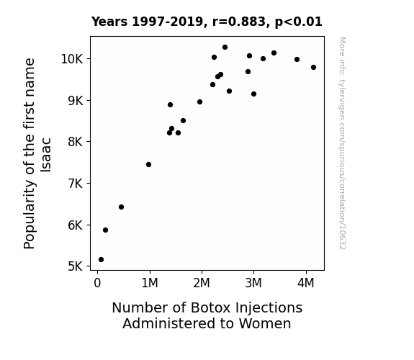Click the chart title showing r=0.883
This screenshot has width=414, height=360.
[x=207, y=22]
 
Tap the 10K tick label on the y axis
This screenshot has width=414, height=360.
[x=72, y=59]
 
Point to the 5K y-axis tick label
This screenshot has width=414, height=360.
[x=76, y=266]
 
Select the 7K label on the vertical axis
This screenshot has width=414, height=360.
[x=76, y=184]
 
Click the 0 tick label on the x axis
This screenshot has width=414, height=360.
[x=97, y=283]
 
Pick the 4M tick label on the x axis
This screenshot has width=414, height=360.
[x=306, y=283]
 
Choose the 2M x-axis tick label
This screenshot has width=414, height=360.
[x=202, y=283]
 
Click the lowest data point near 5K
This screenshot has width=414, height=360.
[x=101, y=260]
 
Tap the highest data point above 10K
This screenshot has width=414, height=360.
[x=225, y=48]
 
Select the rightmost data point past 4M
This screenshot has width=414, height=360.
[x=313, y=68]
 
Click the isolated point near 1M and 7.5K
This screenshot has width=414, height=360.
[x=148, y=165]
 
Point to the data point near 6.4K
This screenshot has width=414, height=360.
[x=121, y=207]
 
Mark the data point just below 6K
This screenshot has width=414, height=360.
[x=105, y=230]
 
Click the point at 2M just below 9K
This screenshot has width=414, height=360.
[x=199, y=102]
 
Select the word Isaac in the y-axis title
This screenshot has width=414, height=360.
[x=46, y=155]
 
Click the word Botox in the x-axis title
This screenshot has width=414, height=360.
[x=210, y=307]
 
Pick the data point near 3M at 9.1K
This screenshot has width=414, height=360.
[x=253, y=94]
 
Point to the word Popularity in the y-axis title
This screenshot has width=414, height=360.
[x=29, y=215]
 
